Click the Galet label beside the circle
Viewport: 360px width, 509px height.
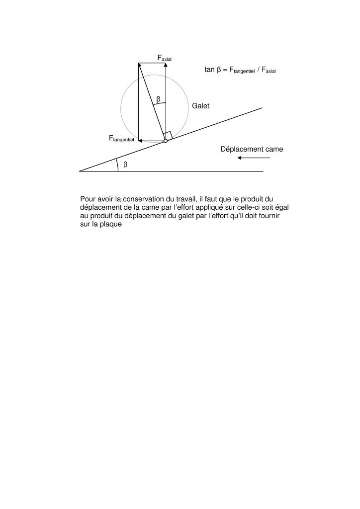(x=201, y=106)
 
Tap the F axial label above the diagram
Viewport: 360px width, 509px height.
(x=165, y=59)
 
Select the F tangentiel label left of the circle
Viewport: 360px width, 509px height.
(x=121, y=139)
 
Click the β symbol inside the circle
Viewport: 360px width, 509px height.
(x=158, y=99)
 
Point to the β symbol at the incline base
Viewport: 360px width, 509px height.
(x=125, y=165)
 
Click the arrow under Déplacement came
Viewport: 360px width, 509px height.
(x=254, y=158)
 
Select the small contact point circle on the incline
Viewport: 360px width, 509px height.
(x=166, y=141)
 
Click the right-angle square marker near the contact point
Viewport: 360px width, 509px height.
(x=168, y=135)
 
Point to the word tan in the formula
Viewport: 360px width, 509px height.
(x=209, y=70)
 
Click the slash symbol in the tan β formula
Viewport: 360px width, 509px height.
(x=258, y=70)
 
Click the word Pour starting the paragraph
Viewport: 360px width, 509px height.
(x=87, y=199)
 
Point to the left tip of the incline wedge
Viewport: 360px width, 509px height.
(x=80, y=171)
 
